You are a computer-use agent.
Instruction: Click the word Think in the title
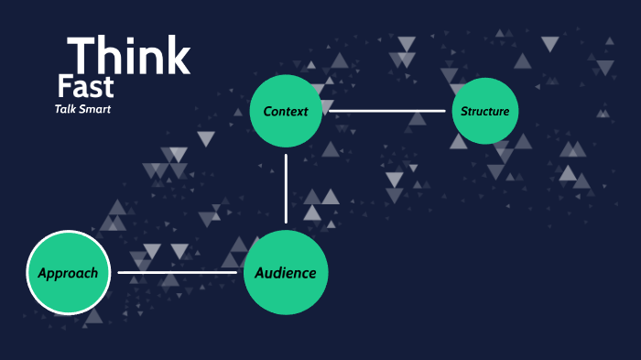point(128,56)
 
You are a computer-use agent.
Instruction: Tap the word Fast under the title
point(85,88)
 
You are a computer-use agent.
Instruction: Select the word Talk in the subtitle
point(67,110)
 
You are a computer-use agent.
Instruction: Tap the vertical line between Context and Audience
point(287,188)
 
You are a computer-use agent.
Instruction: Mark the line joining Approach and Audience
point(177,272)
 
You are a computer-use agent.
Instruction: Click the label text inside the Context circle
point(286,112)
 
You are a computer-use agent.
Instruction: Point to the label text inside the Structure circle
point(485,112)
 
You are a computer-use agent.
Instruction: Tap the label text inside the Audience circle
point(286,272)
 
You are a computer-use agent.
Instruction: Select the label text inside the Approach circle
point(69,273)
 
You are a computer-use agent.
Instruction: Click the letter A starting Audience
point(260,272)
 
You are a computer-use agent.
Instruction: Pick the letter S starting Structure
point(464,112)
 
